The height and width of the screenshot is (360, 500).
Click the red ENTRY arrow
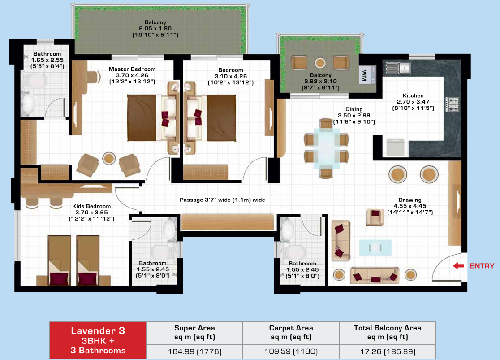[458, 266]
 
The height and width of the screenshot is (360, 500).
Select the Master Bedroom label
[132, 75]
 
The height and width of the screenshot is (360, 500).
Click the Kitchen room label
[413, 102]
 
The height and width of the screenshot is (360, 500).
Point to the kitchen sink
[398, 68]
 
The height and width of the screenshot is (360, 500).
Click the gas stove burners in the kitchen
[452, 104]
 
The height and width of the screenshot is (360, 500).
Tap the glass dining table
[326, 148]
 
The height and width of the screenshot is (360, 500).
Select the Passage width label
[222, 200]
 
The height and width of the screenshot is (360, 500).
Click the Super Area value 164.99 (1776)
[195, 351]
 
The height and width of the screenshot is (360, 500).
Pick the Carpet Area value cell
[291, 351]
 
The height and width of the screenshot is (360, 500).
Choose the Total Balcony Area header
[388, 332]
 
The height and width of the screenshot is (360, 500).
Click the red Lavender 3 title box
[98, 340]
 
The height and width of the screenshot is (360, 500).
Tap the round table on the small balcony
[320, 62]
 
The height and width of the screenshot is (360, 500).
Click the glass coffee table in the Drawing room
[375, 247]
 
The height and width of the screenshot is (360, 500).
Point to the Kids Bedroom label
[91, 212]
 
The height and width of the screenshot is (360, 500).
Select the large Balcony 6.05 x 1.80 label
[155, 28]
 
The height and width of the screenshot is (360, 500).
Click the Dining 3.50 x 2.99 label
[354, 116]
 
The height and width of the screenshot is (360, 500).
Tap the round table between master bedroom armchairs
[109, 158]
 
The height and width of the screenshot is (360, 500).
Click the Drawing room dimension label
[410, 206]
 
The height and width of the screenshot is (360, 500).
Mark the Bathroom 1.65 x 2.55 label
[47, 60]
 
